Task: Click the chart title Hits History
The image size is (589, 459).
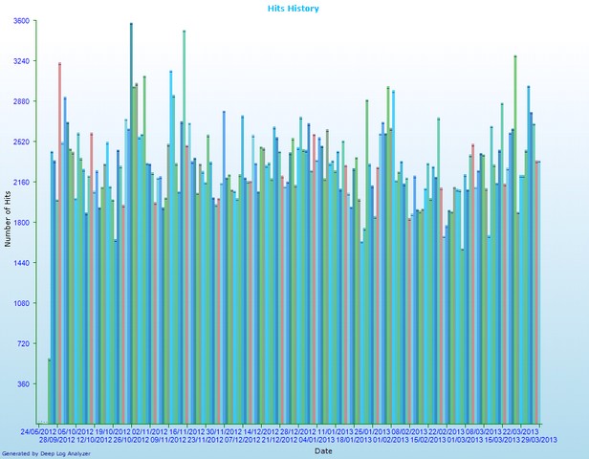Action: (294, 9)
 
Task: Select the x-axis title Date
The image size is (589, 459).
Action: (323, 449)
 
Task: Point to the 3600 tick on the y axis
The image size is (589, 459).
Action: (20, 21)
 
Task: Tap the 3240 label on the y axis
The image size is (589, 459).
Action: (20, 61)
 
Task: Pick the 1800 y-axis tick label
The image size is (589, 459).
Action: (20, 223)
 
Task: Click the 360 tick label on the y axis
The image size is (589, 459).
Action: (22, 384)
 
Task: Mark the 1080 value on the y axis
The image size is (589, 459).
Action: (20, 303)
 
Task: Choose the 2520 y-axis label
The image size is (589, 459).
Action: (20, 142)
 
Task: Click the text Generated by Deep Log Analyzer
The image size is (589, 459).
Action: (46, 453)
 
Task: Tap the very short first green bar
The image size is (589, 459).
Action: (49, 391)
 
